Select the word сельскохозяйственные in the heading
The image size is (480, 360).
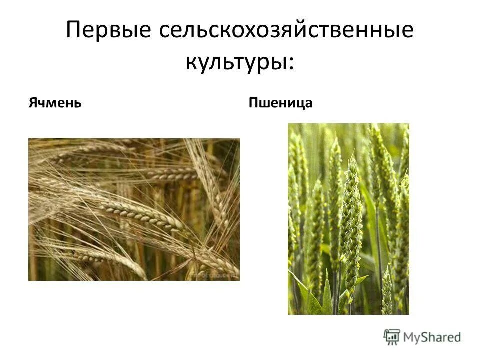(286, 31)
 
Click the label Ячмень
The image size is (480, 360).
(54, 103)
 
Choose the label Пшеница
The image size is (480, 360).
(280, 103)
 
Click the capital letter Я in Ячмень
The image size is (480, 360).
(32, 103)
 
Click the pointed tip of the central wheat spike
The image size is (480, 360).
(353, 156)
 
